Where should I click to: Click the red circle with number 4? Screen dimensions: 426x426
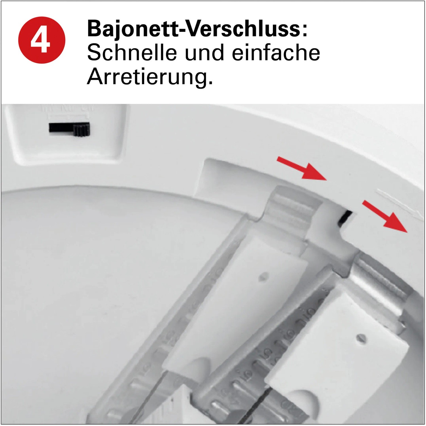42,40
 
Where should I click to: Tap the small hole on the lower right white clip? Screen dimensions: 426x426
361,338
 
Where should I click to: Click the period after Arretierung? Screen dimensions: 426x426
210,83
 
